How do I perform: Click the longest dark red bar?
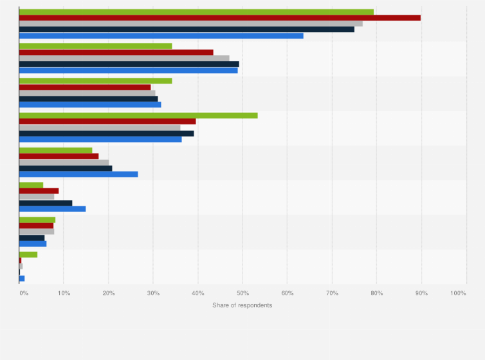coord(219,17)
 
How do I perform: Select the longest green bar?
coord(196,12)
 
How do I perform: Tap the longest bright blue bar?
coord(161,35)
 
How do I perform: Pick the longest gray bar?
coord(190,24)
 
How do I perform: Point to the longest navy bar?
coord(187,30)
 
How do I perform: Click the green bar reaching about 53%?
coord(138,116)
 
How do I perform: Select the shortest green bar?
coord(28,254)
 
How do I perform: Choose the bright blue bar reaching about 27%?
coord(78,174)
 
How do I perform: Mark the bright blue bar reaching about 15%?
coord(52,208)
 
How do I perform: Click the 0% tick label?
coord(23,293)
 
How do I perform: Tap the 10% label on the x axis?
coord(64,293)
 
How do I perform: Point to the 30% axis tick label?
coord(153,293)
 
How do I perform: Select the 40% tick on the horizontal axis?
coord(198,293)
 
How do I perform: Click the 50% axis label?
coord(243,293)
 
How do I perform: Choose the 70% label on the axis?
coord(332,293)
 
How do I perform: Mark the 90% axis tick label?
coord(421,293)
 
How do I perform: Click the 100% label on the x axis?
coord(459,293)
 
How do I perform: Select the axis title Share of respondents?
coord(242,305)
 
